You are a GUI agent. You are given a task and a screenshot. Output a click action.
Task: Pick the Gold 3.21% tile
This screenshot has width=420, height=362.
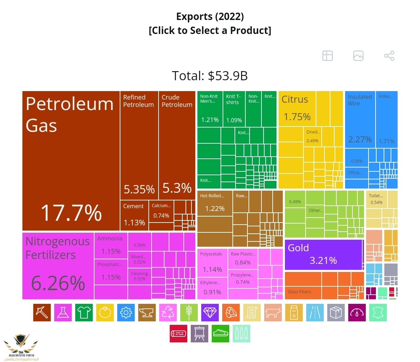point(323,255)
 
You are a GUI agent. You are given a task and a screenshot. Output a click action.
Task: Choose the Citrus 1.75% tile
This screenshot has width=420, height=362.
point(297,109)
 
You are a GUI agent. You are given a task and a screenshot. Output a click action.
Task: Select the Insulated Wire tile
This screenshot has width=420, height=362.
point(360,119)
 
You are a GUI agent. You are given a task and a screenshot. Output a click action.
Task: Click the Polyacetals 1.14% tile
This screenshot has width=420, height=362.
point(212,262)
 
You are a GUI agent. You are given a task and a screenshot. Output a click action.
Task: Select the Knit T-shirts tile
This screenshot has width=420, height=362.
point(234,109)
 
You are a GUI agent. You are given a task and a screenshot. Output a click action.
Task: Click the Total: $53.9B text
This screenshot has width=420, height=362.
point(210,76)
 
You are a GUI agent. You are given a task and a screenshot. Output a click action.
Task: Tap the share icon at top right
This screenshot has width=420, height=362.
point(389,56)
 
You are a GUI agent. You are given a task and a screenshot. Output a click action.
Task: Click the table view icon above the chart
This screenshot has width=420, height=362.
point(328,56)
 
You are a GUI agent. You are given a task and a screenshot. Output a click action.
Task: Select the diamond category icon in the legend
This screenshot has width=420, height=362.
point(210,313)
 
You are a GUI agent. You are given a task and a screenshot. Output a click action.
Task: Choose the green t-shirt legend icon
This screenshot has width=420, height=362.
point(84,313)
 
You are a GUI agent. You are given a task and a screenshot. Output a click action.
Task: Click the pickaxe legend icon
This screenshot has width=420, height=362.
point(42,313)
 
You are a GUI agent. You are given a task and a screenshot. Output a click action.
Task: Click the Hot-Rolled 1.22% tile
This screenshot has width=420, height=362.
point(215,203)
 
